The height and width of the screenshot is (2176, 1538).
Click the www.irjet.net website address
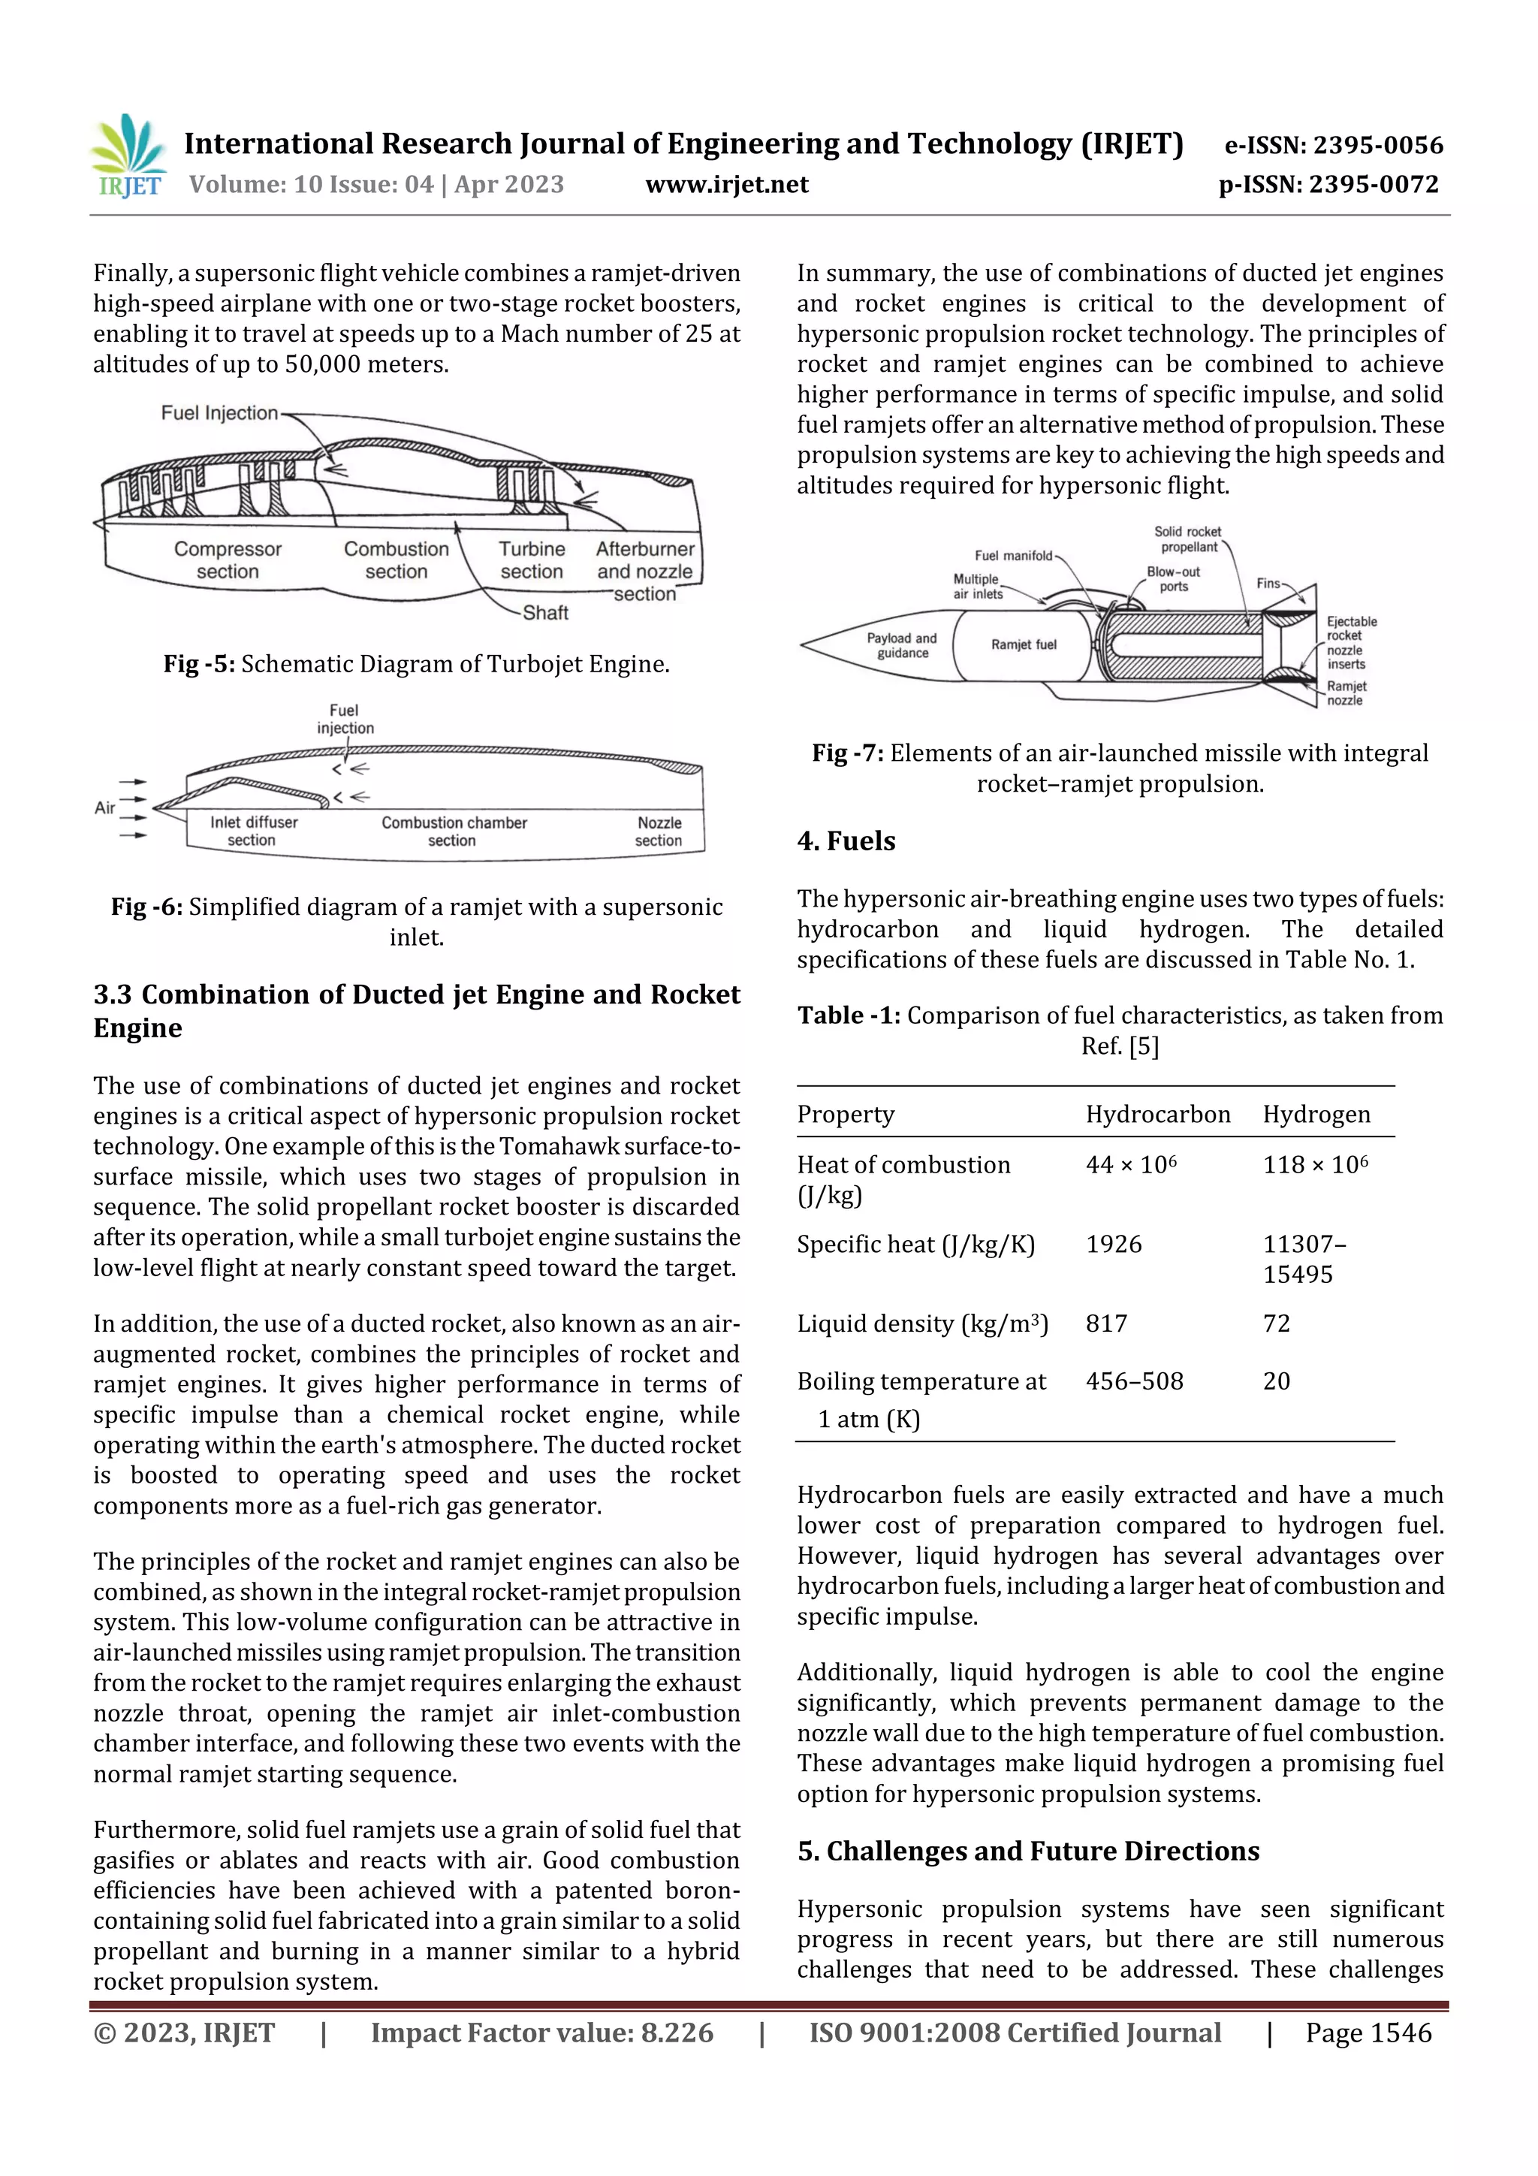coord(727,185)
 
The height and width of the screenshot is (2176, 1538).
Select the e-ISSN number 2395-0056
coord(1333,146)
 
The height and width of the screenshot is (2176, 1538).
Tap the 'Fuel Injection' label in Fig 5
coord(219,413)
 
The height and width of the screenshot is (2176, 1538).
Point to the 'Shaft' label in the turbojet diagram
coord(545,613)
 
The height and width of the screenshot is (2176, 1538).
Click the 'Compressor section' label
coord(228,560)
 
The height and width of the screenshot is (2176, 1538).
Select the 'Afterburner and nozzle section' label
coord(644,571)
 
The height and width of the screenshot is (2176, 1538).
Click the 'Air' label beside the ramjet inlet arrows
coord(104,807)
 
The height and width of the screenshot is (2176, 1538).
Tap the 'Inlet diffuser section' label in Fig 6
coord(253,831)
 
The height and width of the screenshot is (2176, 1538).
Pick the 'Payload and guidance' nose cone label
coord(901,645)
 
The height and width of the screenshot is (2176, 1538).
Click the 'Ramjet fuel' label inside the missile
coord(1024,644)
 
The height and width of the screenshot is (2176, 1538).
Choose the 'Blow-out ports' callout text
coord(1173,579)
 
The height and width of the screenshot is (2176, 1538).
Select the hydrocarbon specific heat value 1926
coord(1114,1245)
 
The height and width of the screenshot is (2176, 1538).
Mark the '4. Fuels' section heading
coord(846,841)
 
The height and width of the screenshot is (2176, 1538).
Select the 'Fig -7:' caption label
coord(847,753)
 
